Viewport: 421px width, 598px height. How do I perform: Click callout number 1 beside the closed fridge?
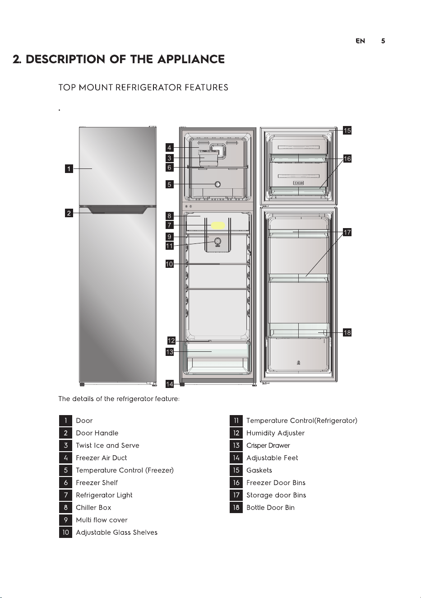(x=69, y=169)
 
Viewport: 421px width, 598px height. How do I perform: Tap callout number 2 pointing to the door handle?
(x=69, y=213)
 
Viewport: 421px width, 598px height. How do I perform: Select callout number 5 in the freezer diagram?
(x=169, y=184)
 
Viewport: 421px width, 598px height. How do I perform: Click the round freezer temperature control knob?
(x=217, y=184)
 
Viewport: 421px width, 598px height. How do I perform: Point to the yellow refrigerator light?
(x=218, y=225)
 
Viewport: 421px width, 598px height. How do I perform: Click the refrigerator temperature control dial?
(x=217, y=242)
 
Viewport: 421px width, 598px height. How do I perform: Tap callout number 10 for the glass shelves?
(x=169, y=264)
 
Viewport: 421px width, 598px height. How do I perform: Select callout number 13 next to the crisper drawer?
(x=169, y=352)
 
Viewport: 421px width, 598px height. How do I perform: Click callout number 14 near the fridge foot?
(x=169, y=384)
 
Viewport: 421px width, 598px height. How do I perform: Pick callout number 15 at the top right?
(x=347, y=130)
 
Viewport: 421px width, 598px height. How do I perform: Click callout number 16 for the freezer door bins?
(x=347, y=159)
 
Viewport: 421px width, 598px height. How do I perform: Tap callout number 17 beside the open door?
(x=347, y=232)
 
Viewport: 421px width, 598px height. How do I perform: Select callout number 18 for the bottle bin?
(x=347, y=332)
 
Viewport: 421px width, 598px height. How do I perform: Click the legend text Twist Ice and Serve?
(x=107, y=445)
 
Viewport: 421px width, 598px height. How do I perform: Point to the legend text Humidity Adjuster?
(x=275, y=433)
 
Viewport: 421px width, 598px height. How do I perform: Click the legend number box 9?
(x=65, y=520)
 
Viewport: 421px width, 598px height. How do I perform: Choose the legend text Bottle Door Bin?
(x=271, y=508)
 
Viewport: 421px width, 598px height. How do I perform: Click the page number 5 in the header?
(x=383, y=41)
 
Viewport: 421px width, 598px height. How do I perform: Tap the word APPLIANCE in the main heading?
(x=191, y=59)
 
